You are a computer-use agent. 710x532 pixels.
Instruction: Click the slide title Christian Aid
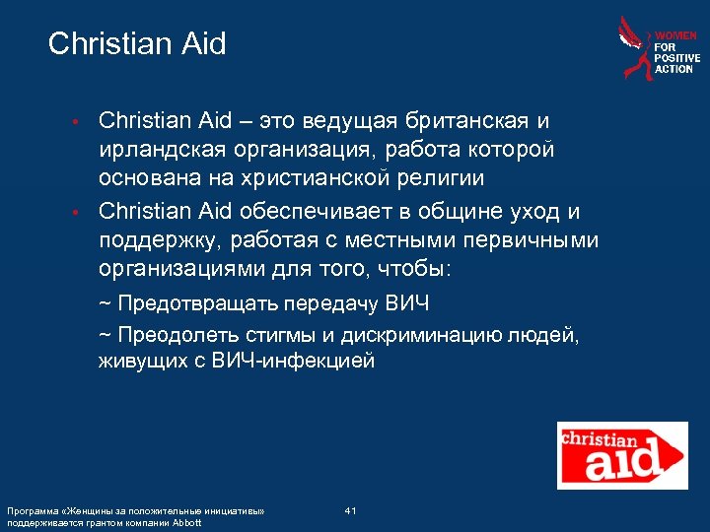pos(137,44)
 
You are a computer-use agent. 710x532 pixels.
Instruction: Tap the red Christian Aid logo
pos(622,451)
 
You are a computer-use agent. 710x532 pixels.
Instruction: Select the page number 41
pos(350,509)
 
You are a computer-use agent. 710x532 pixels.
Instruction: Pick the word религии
pos(434,178)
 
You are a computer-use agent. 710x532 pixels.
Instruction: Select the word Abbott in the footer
pos(187,522)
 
